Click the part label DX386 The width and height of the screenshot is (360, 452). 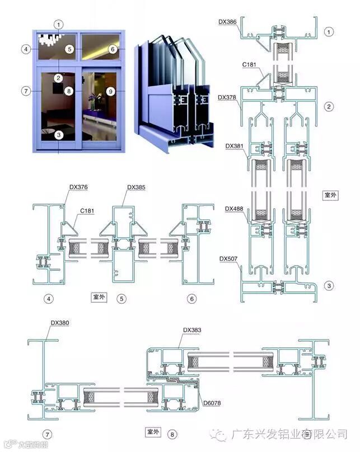point(227,21)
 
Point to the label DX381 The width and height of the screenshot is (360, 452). point(234,146)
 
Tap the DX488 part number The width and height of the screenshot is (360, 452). point(234,209)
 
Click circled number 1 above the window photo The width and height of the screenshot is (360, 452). point(59,24)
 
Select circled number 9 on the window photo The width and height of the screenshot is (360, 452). point(110,91)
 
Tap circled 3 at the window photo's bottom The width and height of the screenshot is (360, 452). point(59,134)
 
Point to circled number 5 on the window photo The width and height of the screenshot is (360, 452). point(69,49)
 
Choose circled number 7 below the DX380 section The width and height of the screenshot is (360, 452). point(48,434)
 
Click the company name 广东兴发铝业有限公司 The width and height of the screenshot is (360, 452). point(289,434)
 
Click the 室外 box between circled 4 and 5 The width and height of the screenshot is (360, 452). point(99,297)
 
